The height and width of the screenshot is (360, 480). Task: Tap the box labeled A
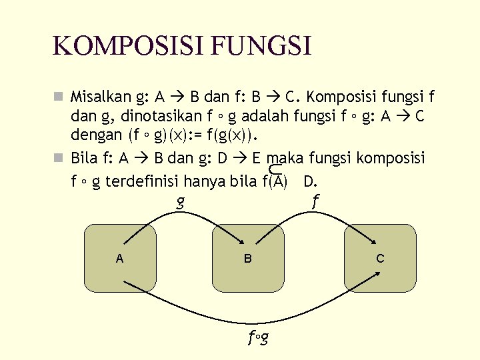[120, 258]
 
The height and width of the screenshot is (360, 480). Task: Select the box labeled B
[247, 258]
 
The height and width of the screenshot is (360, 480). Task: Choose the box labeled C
[379, 258]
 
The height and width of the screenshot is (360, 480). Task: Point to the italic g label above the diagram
[180, 201]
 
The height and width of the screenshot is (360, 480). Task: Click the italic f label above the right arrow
[315, 199]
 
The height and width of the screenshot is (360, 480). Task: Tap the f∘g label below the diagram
[258, 338]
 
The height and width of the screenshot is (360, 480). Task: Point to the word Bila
[84, 159]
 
